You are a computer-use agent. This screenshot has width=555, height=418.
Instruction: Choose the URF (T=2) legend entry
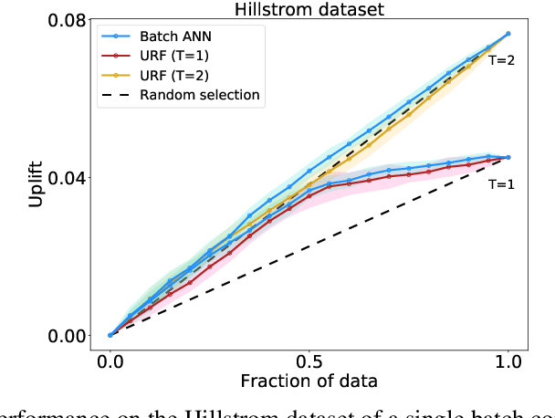point(180,76)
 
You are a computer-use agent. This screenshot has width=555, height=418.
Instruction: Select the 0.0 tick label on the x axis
point(110,360)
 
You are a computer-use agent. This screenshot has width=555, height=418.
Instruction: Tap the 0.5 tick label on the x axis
point(309,360)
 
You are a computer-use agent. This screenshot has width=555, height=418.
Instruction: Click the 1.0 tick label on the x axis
point(508,360)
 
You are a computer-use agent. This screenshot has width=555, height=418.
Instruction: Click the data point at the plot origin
point(110,335)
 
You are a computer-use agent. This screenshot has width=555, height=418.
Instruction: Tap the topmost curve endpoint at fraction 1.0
point(508,34)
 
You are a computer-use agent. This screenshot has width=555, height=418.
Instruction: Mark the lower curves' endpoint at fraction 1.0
point(508,157)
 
